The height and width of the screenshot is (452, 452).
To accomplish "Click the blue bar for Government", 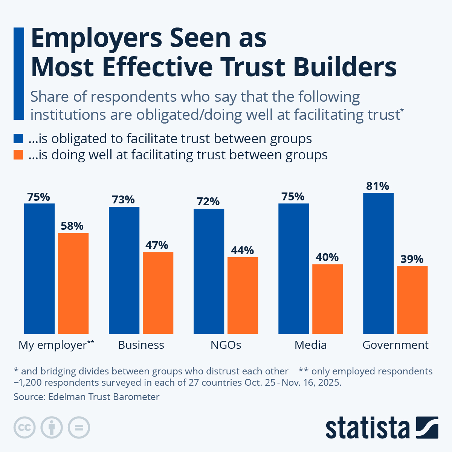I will point(378,263).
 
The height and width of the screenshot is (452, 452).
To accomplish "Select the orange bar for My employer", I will point(73,283).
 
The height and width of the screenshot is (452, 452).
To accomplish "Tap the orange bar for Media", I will point(327,299).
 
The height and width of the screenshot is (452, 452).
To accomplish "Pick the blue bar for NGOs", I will point(209,271).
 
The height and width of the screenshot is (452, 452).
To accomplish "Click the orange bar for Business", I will point(158,293).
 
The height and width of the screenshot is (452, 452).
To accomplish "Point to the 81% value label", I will point(377,186).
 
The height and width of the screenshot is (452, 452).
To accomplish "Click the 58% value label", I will point(72,226).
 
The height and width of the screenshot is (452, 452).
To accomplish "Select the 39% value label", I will point(412,259).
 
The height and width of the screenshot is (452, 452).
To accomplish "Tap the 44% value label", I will point(242,250).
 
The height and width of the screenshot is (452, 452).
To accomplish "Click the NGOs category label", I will point(226,345).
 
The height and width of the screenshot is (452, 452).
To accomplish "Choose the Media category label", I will point(310,345).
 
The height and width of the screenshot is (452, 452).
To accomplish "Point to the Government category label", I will point(395,345).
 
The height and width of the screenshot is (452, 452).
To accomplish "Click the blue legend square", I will point(18,138).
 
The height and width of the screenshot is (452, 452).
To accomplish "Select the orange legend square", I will point(18,155).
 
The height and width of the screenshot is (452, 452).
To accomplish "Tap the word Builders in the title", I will point(345,67).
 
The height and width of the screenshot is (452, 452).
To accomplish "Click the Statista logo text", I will point(368,428).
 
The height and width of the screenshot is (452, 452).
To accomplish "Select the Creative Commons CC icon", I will point(24,428).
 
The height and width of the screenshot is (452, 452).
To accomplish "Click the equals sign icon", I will point(79,428).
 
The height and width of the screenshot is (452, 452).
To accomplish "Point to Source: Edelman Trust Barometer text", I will point(87,397).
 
